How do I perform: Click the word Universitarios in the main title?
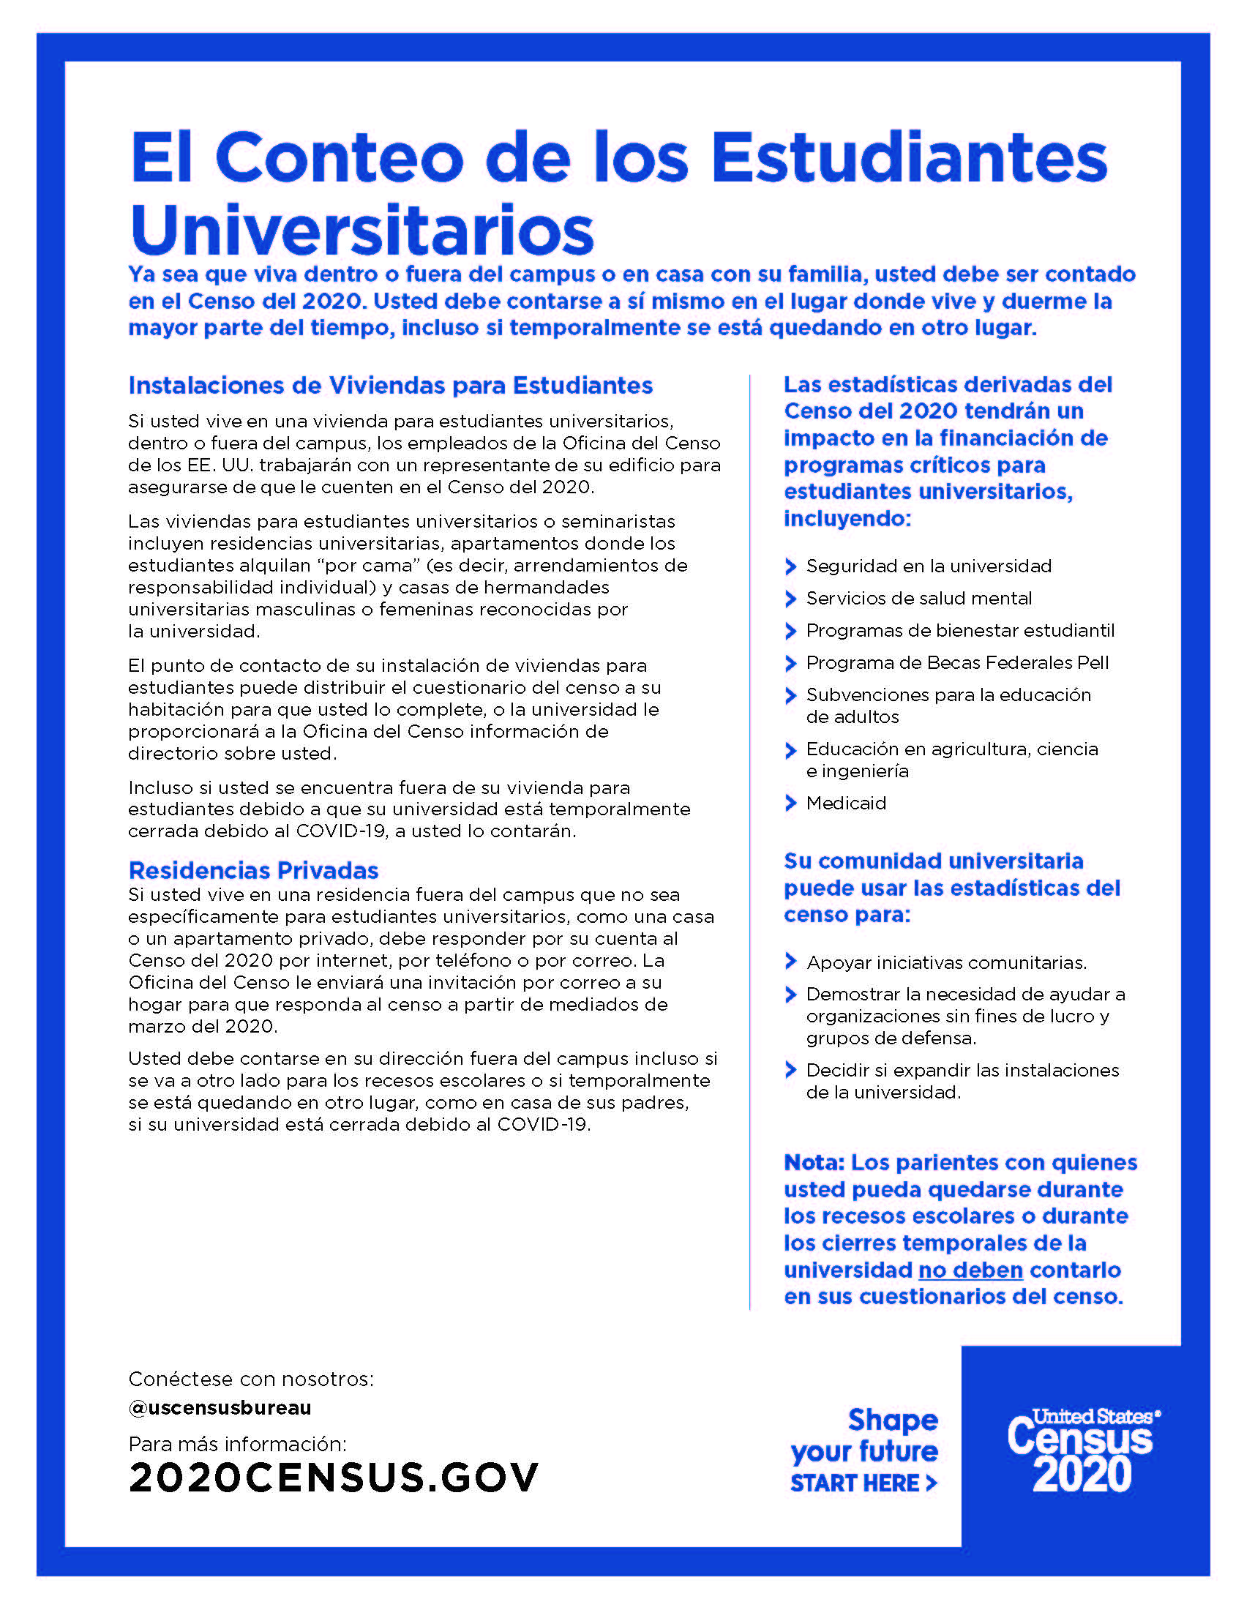361,230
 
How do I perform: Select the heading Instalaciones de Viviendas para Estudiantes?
390,386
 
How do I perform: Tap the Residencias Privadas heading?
252,871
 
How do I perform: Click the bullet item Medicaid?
845,803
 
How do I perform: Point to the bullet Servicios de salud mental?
918,598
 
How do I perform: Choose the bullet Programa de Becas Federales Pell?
956,663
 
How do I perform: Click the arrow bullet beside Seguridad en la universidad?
791,566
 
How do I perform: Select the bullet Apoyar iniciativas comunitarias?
946,962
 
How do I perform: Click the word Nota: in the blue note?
814,1163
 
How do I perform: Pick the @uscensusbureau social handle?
220,1407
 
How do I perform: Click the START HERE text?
863,1483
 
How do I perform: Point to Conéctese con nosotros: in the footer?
250,1379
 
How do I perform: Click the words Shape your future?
865,1434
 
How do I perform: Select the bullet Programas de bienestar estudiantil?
959,630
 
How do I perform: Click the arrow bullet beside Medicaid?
791,803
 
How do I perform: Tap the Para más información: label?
236,1443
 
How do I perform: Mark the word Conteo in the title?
340,158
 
